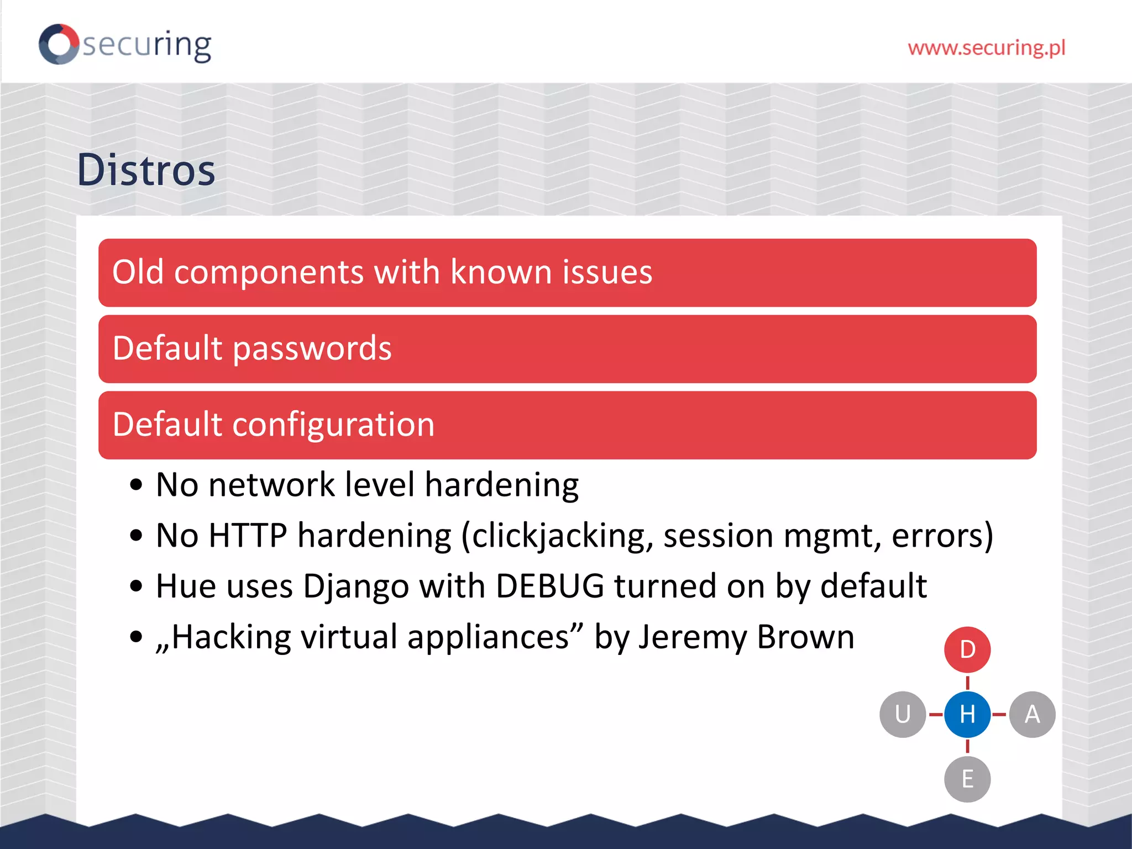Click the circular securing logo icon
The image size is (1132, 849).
59,44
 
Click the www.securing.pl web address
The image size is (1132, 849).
986,48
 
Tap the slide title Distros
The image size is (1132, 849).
146,170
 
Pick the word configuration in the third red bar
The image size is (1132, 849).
333,425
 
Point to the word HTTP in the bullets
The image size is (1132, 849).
249,536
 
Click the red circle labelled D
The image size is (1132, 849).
967,649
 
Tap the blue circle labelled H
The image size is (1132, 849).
967,714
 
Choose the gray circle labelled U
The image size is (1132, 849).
903,714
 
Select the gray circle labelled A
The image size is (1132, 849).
1032,714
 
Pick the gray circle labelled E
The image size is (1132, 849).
967,779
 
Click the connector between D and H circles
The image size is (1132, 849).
967,683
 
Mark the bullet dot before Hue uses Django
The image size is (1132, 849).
136,586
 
